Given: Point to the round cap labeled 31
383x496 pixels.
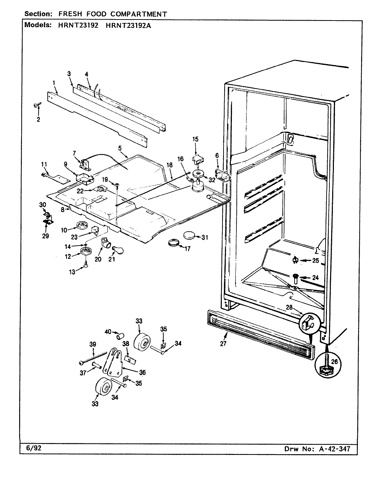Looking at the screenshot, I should pyautogui.click(x=189, y=236).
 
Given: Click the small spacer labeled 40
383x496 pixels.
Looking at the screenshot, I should pyautogui.click(x=120, y=336).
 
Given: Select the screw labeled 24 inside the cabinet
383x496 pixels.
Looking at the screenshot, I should pyautogui.click(x=295, y=277).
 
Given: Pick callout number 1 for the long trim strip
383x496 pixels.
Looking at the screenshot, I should pyautogui.click(x=54, y=83).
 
